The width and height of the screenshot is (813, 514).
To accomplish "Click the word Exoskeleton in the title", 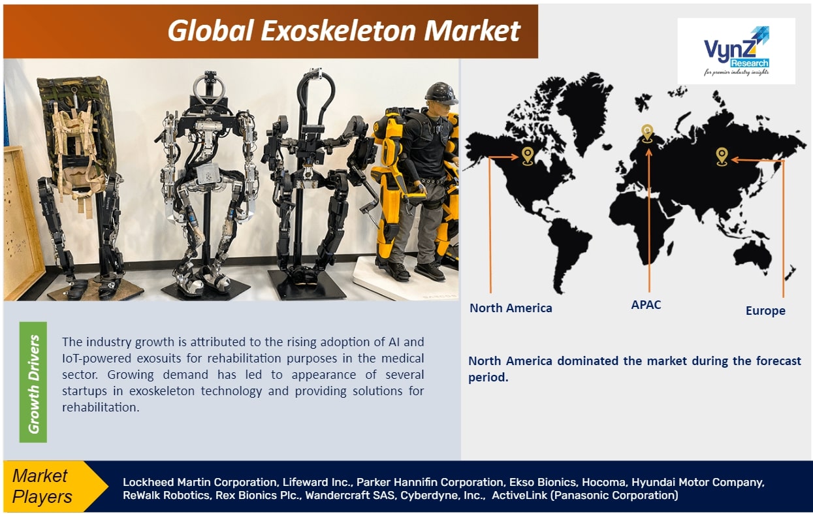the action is (x=342, y=31).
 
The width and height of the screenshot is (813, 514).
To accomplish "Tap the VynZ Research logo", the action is (x=736, y=51).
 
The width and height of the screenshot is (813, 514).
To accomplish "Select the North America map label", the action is (x=511, y=308).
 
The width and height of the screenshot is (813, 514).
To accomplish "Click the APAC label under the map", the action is (x=646, y=304).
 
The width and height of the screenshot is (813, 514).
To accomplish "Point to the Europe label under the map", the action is (x=765, y=311).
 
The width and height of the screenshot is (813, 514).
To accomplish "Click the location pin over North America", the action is (x=528, y=156).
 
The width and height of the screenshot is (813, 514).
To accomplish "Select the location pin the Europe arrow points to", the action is (x=722, y=157).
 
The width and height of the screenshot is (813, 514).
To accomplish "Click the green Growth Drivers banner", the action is (x=33, y=382).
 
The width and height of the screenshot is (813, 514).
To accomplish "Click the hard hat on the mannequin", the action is (x=441, y=93).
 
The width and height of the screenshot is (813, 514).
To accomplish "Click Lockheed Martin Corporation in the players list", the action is (x=200, y=482).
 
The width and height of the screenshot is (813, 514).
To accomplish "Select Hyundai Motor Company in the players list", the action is (x=697, y=482).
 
